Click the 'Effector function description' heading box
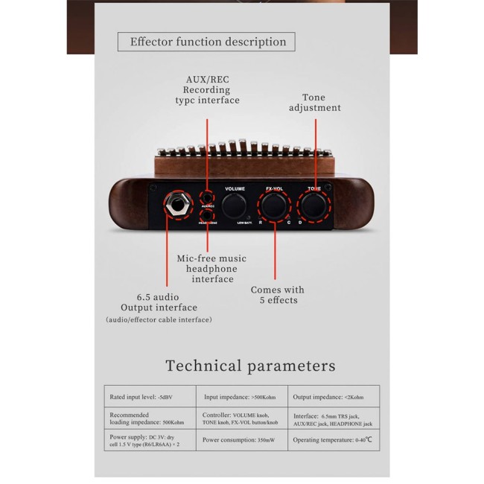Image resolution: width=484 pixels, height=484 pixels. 206,42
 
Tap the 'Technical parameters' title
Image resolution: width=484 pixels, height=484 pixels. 250,366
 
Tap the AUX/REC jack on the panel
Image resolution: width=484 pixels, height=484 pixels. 208,197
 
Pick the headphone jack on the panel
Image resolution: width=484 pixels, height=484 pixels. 208,215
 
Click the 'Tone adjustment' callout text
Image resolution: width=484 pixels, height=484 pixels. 314,103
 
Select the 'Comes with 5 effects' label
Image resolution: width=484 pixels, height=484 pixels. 277,295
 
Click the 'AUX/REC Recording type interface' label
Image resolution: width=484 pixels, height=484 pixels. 207,89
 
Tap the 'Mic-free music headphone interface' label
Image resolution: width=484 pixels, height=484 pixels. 212,269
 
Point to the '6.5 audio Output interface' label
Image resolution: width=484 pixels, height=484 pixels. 159,302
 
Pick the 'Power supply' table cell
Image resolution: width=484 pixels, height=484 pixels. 148,440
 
